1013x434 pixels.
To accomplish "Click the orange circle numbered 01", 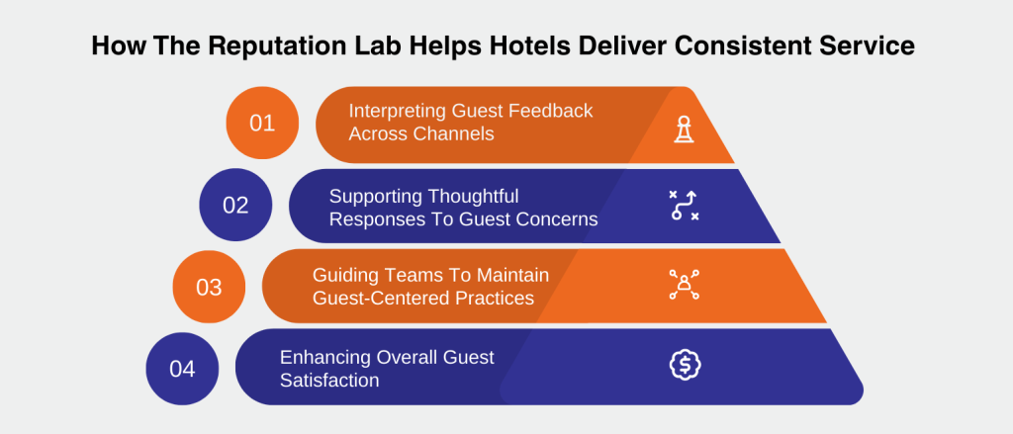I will (x=262, y=124).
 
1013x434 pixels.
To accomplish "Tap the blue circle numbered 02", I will (x=235, y=206).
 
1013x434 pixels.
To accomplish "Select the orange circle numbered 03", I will (x=209, y=288).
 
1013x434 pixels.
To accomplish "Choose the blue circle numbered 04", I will (x=182, y=369).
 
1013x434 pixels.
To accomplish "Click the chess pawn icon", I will (x=684, y=129).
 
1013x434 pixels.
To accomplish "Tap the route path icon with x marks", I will (x=684, y=206).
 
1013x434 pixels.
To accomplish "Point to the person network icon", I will (x=684, y=285).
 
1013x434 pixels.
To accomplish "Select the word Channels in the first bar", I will (x=454, y=133).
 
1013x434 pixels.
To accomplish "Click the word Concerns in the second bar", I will (x=557, y=219).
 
